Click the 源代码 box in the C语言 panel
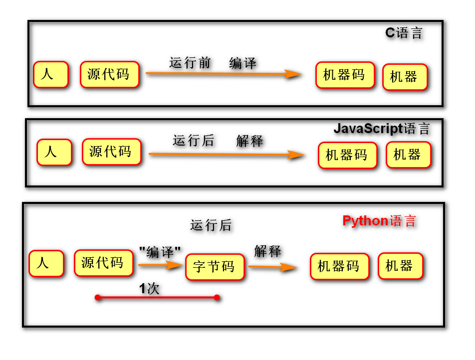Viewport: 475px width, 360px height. pos(109,74)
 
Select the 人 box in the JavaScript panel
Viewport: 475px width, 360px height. pos(54,152)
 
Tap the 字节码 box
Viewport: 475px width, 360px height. pos(215,267)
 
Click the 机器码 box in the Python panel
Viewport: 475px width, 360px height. pos(339,266)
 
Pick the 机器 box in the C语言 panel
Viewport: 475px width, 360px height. pos(405,77)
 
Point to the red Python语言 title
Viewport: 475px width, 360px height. pos(379,221)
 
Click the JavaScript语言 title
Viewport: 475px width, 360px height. pos(381,129)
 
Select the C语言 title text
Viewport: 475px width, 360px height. pos(404,33)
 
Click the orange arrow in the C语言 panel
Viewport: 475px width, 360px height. pos(224,74)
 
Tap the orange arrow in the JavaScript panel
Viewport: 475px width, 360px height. pos(226,155)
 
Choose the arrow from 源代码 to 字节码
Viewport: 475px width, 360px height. pos(159,265)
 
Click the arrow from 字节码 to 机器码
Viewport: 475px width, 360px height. pos(273,267)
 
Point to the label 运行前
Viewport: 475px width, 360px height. pos(190,63)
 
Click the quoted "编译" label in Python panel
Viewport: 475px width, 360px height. pos(160,251)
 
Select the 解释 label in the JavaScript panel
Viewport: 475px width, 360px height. pos(249,141)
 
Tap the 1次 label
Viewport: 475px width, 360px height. pos(149,289)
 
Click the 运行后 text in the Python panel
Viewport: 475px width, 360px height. pos(211,225)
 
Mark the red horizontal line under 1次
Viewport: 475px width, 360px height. pos(157,298)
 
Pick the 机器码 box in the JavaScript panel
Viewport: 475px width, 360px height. pos(347,155)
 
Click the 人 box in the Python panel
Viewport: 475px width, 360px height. pos(46,263)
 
